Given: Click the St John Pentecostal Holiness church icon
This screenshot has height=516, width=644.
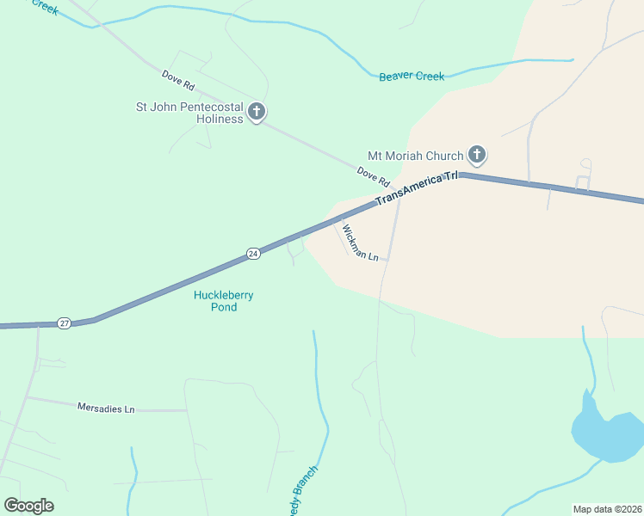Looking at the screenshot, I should pos(257,112).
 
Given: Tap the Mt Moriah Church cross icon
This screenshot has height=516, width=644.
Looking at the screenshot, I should pos(477,156).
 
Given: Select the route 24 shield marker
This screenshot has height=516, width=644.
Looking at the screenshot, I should pos(253,254).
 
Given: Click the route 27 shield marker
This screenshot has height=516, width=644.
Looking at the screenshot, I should pos(65,322).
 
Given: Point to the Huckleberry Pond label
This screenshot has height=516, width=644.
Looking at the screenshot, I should pos(223,301).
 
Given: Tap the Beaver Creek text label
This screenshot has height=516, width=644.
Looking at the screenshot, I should pos(412,77).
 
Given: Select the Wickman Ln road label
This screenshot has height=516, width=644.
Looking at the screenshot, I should pos(360,243).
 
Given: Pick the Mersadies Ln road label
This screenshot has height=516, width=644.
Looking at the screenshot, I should pos(106,408).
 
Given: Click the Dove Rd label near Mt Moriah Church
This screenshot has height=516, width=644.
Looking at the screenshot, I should pos(374,178).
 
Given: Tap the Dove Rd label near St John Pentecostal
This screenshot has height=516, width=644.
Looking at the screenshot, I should pos(178,83).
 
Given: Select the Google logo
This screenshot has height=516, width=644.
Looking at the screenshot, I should pos(28,506).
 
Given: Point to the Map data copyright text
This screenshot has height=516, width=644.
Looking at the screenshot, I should pos(608,509).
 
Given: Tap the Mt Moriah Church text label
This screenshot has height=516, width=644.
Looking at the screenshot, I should pos(415,156).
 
